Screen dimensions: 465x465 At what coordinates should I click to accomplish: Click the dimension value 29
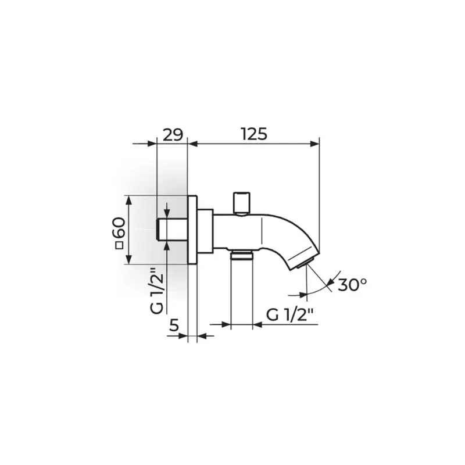tap(173, 135)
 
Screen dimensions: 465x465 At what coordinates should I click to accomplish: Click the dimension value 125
tap(254, 134)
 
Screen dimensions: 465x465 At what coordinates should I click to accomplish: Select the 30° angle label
tap(352, 285)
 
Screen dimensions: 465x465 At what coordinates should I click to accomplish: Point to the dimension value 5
tap(174, 325)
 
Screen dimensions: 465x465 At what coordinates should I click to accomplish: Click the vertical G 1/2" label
tap(157, 291)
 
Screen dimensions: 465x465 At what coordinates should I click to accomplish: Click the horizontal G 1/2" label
tap(289, 315)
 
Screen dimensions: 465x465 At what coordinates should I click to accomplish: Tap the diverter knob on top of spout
tap(242, 203)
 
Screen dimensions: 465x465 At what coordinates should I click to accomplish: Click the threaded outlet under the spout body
tap(242, 255)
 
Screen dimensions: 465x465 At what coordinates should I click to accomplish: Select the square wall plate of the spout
tap(193, 230)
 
